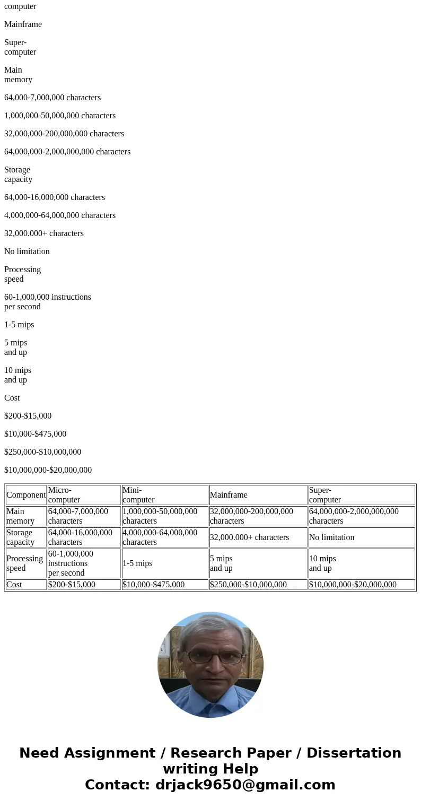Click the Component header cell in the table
coord(26,495)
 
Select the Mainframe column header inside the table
coord(229,495)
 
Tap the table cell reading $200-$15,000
coord(72,585)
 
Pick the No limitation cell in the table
coord(331,537)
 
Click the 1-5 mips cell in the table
coord(138,563)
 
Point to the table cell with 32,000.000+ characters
coord(249,537)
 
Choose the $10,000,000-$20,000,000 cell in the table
coord(353,585)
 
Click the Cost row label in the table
coord(14,585)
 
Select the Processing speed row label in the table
coord(24,563)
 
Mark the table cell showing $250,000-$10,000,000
coord(248,585)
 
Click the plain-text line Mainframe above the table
coord(23,24)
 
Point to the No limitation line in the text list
coord(27,251)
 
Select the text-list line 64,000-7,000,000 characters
coord(52,98)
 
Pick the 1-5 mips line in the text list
coord(19,325)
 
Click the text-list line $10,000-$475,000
coord(35,434)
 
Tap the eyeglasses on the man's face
coord(210,657)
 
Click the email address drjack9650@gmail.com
coord(245,785)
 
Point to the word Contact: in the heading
coord(117,785)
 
